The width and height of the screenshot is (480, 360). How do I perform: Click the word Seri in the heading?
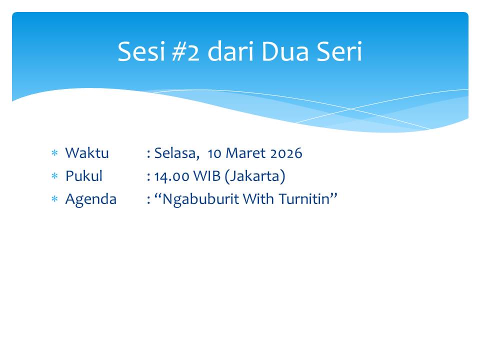(x=340, y=51)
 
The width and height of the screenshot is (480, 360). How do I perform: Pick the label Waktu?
(x=87, y=153)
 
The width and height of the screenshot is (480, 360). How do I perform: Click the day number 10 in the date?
(x=214, y=153)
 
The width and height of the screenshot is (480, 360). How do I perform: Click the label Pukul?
(x=84, y=176)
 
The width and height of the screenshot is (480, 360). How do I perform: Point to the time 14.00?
(x=170, y=176)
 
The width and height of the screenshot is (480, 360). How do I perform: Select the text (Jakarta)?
(x=255, y=176)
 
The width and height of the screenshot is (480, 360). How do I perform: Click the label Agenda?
(x=91, y=199)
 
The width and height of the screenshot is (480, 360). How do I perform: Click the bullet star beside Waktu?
(x=55, y=153)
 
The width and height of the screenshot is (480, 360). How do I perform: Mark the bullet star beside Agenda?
(x=55, y=199)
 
